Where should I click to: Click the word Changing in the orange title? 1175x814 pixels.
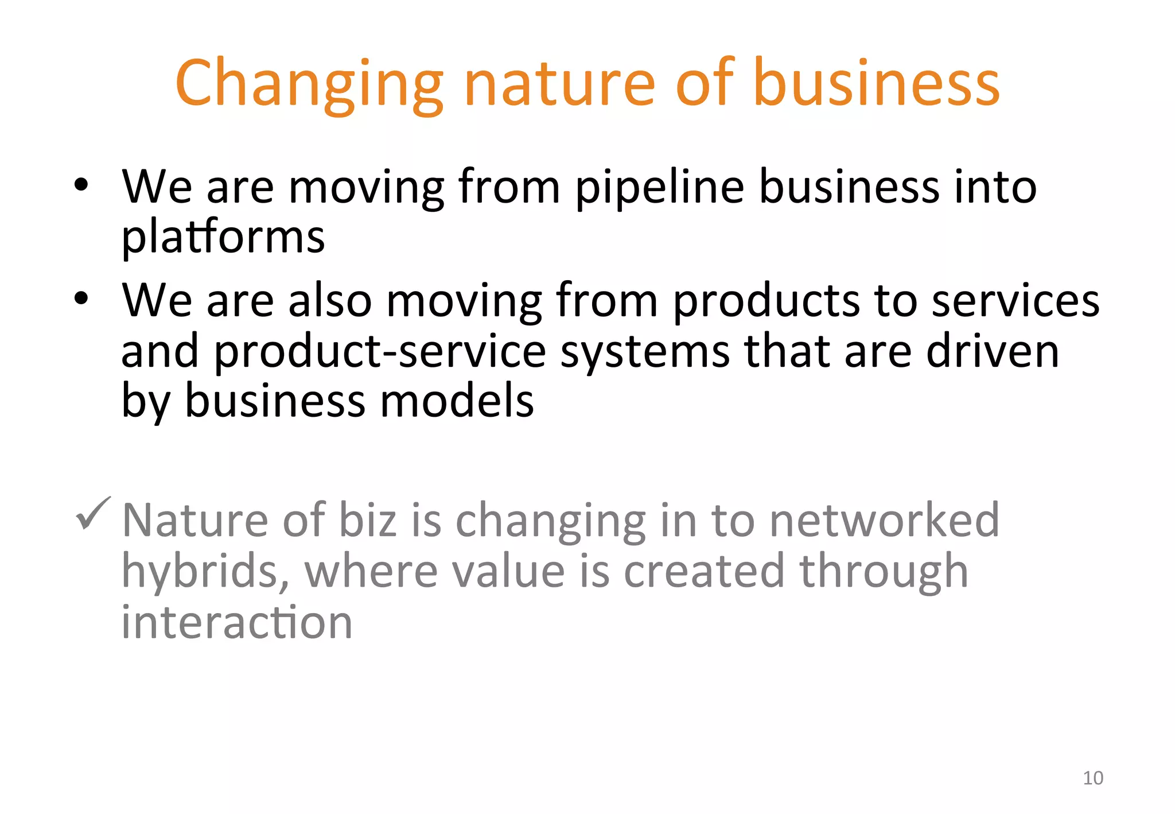309,84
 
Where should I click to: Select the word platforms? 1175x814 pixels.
223,237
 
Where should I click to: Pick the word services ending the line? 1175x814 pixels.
1015,301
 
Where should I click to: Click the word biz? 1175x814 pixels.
368,520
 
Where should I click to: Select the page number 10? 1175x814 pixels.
1092,778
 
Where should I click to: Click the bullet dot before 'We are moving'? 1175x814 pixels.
81,185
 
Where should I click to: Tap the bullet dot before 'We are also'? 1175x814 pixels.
81,298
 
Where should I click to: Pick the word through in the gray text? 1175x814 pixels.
884,572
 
